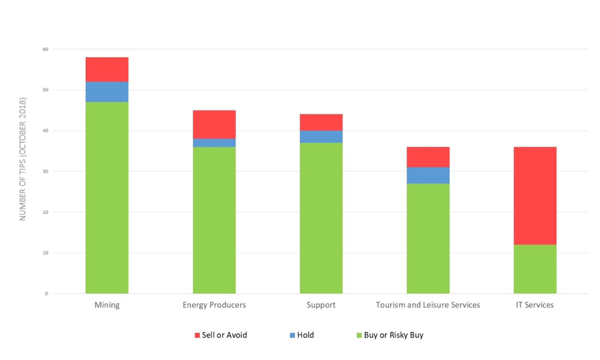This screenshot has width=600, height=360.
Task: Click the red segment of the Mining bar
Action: point(107,69)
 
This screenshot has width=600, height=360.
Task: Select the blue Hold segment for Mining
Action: point(107,92)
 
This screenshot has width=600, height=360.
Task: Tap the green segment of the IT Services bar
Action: point(535,269)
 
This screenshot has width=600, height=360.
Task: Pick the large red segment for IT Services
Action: point(535,195)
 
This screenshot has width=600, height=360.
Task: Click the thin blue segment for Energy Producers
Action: point(214,143)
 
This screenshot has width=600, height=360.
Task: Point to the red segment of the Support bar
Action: point(321,122)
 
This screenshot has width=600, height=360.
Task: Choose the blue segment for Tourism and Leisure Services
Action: point(428,175)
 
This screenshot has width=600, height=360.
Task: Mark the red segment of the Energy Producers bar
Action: point(214,124)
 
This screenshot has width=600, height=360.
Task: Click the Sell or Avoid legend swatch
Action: point(197,335)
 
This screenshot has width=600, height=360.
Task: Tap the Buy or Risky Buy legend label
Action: point(393,335)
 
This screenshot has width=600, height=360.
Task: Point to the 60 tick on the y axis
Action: point(46,49)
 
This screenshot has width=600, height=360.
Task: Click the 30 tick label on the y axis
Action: point(46,172)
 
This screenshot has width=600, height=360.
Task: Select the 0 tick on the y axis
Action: point(47,294)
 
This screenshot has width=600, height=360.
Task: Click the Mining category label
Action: point(107,305)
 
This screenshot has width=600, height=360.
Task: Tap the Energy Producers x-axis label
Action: point(214,305)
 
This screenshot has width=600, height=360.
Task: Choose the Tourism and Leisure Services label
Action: point(428,305)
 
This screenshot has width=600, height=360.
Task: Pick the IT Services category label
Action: point(535,305)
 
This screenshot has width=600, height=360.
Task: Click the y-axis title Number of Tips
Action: point(23,159)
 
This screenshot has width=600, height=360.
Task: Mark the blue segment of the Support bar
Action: point(321,137)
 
